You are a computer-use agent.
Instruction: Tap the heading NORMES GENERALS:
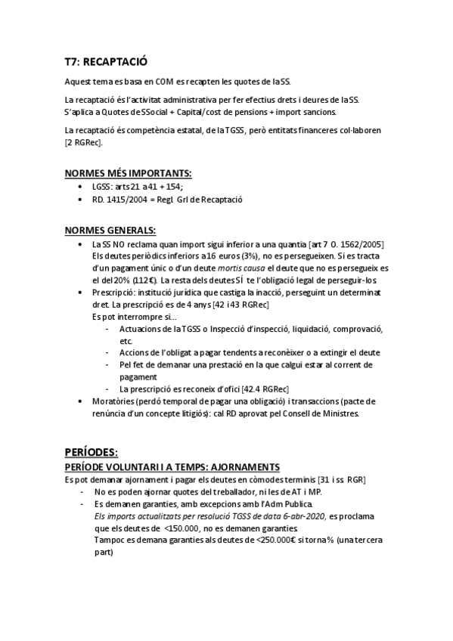110,230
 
